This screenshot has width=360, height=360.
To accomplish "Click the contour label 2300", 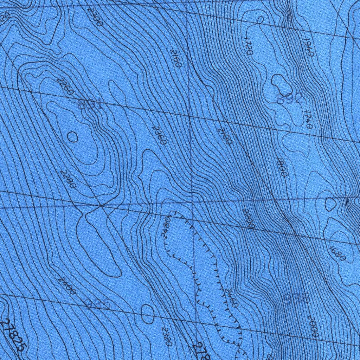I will click(95, 17).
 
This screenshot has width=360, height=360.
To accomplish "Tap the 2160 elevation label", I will click(175, 58).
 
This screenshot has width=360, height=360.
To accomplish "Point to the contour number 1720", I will click(248, 46).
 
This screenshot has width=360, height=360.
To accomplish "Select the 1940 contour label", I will click(308, 48).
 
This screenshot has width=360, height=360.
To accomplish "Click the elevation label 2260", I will click(65, 86).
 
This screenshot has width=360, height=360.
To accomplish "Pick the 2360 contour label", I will click(159, 135).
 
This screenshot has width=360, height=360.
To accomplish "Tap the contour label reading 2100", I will click(225, 136).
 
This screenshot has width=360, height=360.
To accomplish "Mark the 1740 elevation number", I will click(308, 120).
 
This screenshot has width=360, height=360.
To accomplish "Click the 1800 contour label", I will click(282, 167).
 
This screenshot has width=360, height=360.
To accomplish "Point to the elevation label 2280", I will click(67, 179).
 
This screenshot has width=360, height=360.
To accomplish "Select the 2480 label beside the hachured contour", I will click(167, 227).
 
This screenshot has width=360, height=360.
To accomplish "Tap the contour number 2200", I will click(248, 218).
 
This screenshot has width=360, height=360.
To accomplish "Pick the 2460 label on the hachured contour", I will click(232, 298).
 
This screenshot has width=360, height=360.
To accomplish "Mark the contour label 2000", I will click(313, 326).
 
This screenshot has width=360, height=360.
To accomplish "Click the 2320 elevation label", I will click(166, 336).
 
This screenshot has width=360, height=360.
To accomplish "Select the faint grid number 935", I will click(98, 304).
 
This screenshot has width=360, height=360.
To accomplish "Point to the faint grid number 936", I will click(296, 299).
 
